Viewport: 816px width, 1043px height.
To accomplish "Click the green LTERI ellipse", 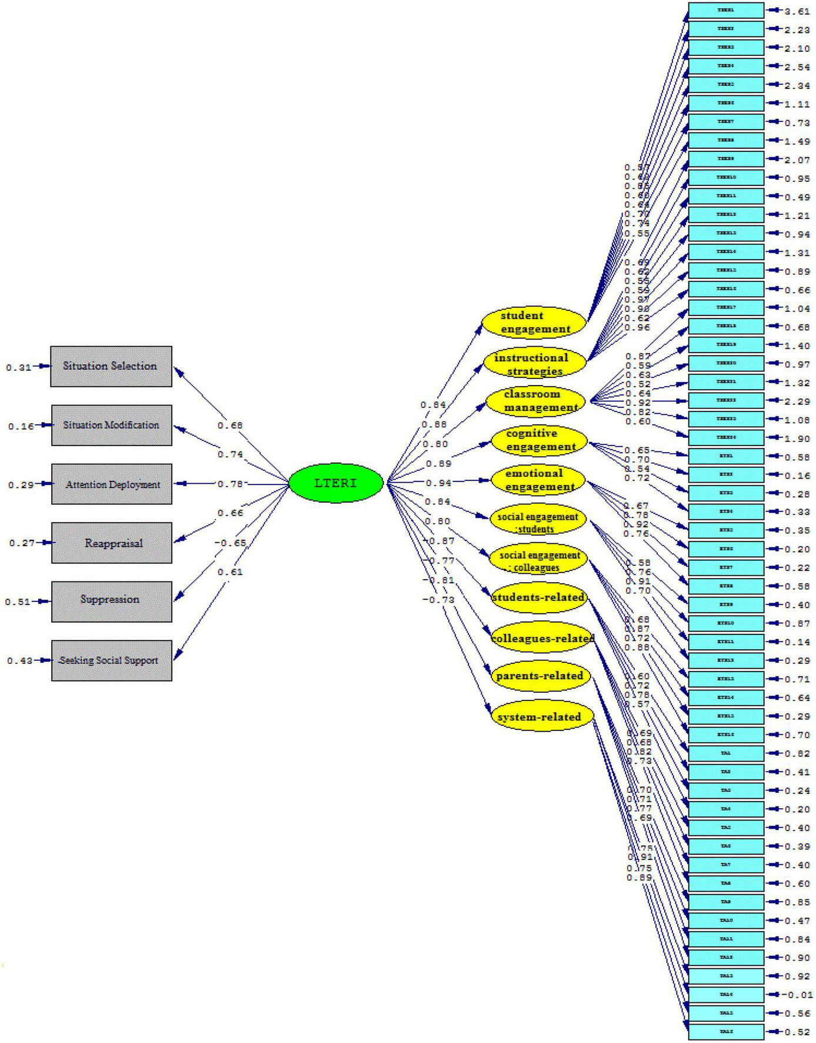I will (336, 483).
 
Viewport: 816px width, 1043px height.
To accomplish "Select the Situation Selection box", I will (111, 366).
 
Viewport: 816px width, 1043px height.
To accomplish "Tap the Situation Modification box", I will (111, 425).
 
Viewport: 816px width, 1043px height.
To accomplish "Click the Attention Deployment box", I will (111, 484).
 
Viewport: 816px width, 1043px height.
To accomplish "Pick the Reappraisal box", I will (111, 543).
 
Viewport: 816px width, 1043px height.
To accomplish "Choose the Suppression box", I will (111, 601).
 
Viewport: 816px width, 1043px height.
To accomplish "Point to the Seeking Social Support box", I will (111, 660).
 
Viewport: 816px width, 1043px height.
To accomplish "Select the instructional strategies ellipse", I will (535, 364).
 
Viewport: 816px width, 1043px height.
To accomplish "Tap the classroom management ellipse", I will (536, 400).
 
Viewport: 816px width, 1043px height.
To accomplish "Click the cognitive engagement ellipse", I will (538, 440).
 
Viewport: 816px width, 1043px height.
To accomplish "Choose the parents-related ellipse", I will (539, 676).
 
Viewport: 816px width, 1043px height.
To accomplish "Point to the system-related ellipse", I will (539, 717).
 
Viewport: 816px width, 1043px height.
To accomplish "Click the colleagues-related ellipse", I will (541, 639).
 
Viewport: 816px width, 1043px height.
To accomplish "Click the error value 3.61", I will (797, 11).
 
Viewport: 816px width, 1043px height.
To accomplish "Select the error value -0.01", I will (798, 995).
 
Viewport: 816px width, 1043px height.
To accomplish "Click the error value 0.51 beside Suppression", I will (17, 602).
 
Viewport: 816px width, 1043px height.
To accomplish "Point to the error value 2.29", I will (797, 401).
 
